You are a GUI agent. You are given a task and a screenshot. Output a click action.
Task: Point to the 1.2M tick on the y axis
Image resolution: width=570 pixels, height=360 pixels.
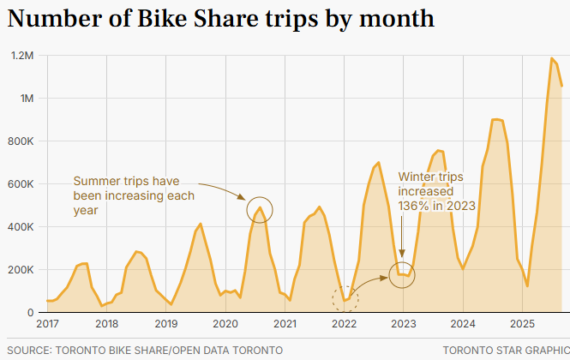click(x=21, y=56)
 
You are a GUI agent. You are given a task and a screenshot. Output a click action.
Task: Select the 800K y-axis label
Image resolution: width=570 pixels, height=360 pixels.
click(x=21, y=141)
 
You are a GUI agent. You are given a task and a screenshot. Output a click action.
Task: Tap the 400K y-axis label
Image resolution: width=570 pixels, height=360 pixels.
click(x=21, y=227)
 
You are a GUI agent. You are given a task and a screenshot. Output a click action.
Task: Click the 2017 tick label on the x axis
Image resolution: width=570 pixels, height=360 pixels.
click(x=47, y=324)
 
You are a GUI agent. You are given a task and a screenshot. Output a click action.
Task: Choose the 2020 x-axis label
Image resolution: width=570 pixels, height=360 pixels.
click(x=225, y=324)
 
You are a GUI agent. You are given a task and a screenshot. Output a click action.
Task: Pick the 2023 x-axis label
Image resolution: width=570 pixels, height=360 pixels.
click(x=403, y=324)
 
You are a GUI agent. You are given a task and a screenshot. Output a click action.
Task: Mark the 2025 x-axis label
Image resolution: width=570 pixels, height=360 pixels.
click(x=522, y=324)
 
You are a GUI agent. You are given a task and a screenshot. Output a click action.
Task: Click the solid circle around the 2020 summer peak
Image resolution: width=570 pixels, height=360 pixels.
click(x=261, y=208)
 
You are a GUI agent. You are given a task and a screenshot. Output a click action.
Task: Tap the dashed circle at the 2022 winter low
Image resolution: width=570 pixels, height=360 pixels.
click(x=345, y=299)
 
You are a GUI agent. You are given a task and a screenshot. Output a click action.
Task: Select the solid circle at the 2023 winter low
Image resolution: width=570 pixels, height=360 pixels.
click(x=402, y=274)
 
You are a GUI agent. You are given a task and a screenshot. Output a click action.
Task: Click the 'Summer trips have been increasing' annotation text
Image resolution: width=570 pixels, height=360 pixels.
click(x=134, y=195)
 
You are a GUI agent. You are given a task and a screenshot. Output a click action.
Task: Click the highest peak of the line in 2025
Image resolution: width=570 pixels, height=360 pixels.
click(x=551, y=58)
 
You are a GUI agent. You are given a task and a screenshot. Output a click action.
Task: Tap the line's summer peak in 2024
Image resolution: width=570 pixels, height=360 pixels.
click(x=495, y=120)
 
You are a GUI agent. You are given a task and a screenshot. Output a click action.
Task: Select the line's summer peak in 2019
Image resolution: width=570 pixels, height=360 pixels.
click(x=201, y=225)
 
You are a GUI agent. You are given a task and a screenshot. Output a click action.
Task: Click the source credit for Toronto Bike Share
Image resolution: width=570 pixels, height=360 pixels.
click(x=144, y=350)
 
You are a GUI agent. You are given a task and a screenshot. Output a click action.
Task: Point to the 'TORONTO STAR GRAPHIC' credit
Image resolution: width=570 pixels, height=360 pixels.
click(x=506, y=350)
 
